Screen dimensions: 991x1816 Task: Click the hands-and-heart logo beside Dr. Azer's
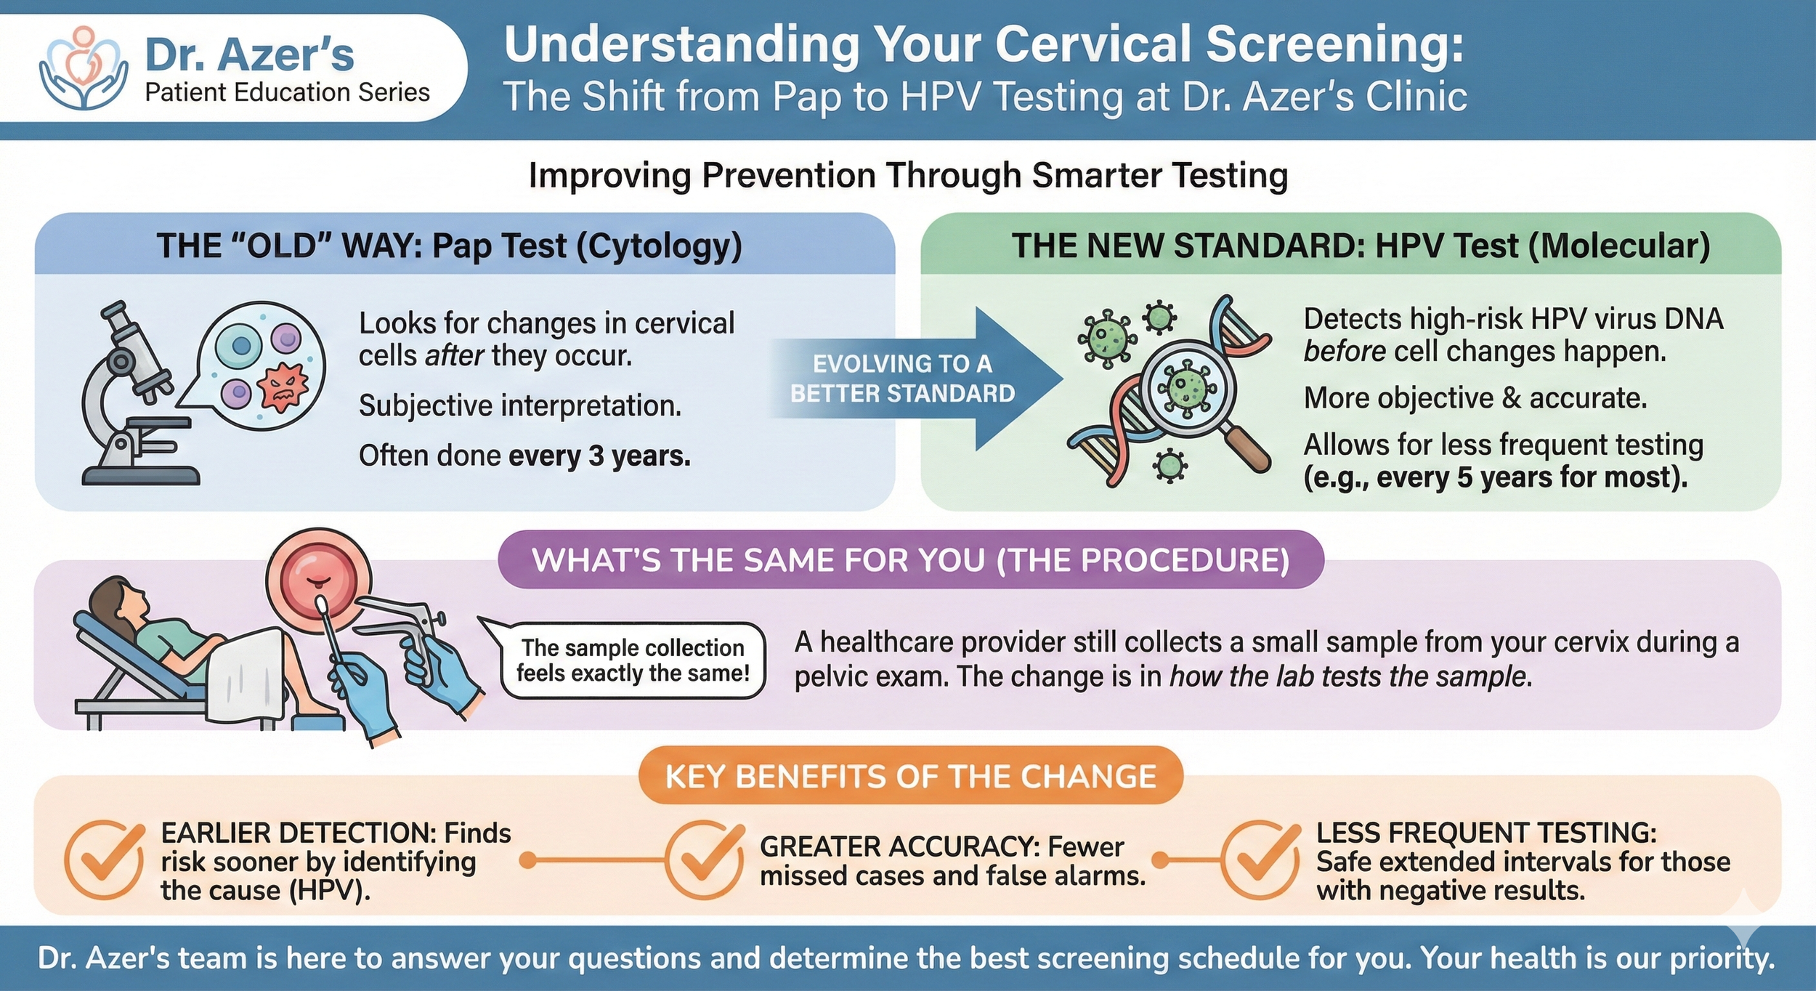click(84, 69)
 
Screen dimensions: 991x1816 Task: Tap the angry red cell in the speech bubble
click(283, 389)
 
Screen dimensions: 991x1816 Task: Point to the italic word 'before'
click(1344, 352)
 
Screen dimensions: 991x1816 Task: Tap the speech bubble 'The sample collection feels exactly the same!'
click(632, 660)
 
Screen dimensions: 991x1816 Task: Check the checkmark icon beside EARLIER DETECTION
click(104, 860)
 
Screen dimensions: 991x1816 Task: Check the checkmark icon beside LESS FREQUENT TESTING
click(1260, 860)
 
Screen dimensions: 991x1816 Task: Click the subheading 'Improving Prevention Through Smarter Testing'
click(908, 176)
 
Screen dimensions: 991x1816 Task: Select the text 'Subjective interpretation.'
click(520, 406)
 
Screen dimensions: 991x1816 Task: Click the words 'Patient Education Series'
click(287, 93)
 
